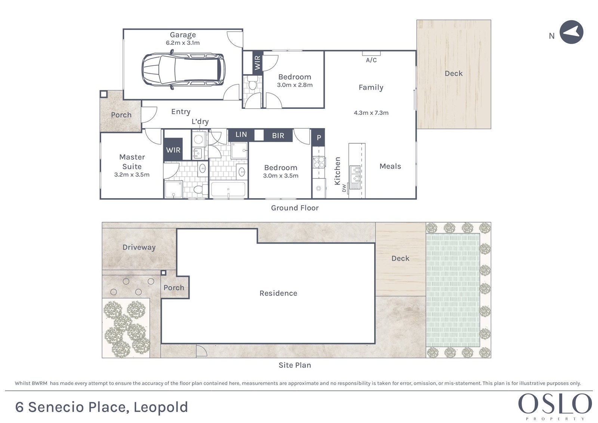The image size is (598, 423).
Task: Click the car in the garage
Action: pyautogui.click(x=183, y=70)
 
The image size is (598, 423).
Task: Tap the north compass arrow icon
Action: pyautogui.click(x=571, y=32)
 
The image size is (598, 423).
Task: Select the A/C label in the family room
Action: pyautogui.click(x=372, y=60)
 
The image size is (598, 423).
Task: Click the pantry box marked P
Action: pyautogui.click(x=318, y=138)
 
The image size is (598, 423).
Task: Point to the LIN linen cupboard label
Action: pyautogui.click(x=241, y=134)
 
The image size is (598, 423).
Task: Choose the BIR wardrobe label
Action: pyautogui.click(x=278, y=136)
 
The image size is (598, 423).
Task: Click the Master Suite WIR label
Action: pyautogui.click(x=173, y=150)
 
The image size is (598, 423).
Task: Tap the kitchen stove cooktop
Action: pyautogui.click(x=319, y=162)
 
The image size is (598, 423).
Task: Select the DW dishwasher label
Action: pyautogui.click(x=344, y=188)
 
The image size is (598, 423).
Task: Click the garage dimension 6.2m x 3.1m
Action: pyautogui.click(x=183, y=43)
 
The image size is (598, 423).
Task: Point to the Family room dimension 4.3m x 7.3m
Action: pyautogui.click(x=371, y=113)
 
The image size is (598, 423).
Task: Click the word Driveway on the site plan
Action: pyautogui.click(x=139, y=248)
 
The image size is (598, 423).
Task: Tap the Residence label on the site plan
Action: pyautogui.click(x=278, y=293)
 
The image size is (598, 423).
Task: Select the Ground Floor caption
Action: pyautogui.click(x=295, y=208)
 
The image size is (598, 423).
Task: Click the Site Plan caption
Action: pyautogui.click(x=295, y=365)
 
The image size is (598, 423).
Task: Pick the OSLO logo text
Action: pyautogui.click(x=555, y=404)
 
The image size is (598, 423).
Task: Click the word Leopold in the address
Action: pyautogui.click(x=161, y=407)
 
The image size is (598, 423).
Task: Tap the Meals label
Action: pyautogui.click(x=390, y=166)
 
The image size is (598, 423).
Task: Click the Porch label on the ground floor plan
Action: pyautogui.click(x=121, y=115)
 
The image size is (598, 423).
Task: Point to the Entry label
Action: pyautogui.click(x=181, y=112)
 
